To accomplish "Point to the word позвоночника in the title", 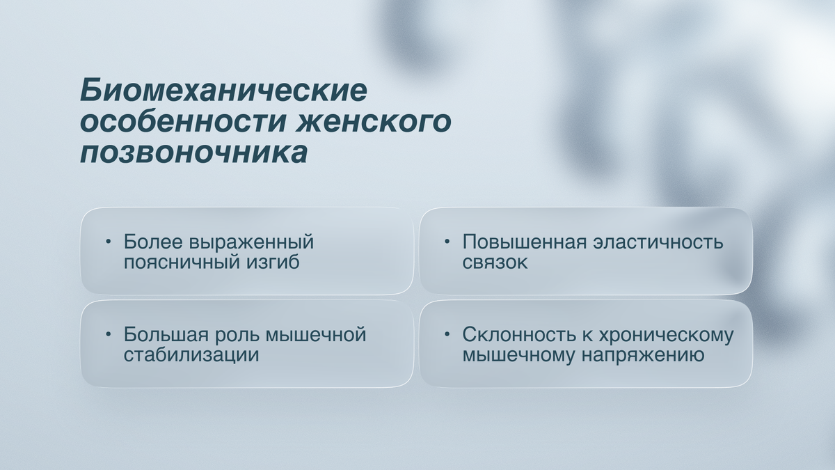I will coord(193,153).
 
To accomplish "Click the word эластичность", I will coord(658,242).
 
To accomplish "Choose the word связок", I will coord(495,263).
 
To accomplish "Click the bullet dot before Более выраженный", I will coord(109,242).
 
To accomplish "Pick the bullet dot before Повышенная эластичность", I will coord(447,242).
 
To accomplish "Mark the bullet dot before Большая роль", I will coord(109,335).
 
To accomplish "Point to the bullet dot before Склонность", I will coord(447,335).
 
